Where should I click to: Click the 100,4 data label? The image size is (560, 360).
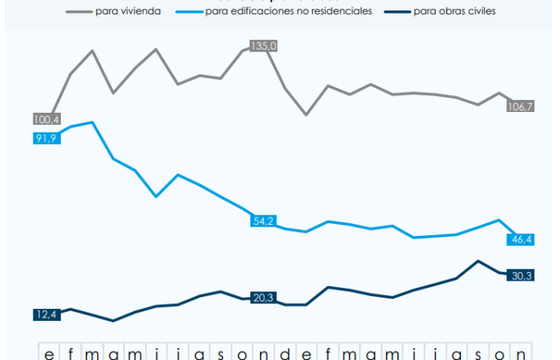(x=46, y=119)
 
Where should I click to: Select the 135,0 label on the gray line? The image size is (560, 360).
(x=263, y=46)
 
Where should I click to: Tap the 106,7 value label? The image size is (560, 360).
(x=521, y=106)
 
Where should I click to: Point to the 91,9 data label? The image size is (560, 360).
(x=46, y=138)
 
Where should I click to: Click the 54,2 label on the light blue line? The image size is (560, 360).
(x=262, y=221)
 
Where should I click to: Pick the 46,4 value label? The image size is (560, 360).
(x=521, y=239)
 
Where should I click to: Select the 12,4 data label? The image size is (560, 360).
(x=46, y=315)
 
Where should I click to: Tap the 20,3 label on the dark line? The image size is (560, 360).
(x=262, y=298)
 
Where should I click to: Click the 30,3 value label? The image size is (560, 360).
(x=522, y=276)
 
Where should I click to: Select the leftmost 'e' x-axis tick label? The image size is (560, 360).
(x=50, y=353)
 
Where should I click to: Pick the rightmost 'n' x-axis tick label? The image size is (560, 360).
(x=521, y=353)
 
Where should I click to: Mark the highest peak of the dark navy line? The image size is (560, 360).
(x=478, y=261)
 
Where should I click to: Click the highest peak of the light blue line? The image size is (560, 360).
(x=93, y=122)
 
